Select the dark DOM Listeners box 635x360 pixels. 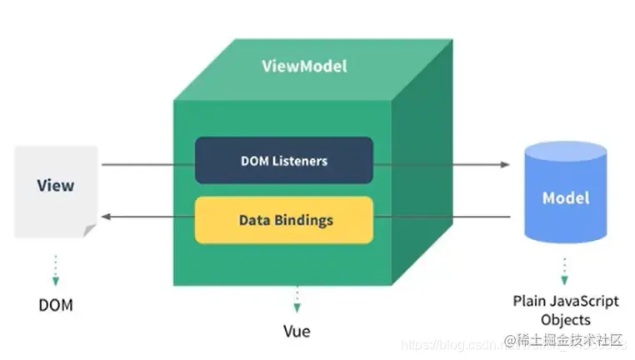point(283,159)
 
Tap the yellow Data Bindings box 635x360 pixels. point(283,220)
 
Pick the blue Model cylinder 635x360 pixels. point(565,197)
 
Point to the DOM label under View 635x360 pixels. point(56,305)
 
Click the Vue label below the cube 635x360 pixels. point(296,331)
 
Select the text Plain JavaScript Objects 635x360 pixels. point(566,310)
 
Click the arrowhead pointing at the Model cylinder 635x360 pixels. point(504,164)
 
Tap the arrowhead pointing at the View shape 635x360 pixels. point(107,217)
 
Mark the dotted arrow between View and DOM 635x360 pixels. point(56,268)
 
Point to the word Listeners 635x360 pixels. point(302,159)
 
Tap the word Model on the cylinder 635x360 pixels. point(566,198)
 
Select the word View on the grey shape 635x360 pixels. point(56,185)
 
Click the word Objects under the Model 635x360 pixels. point(566,319)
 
